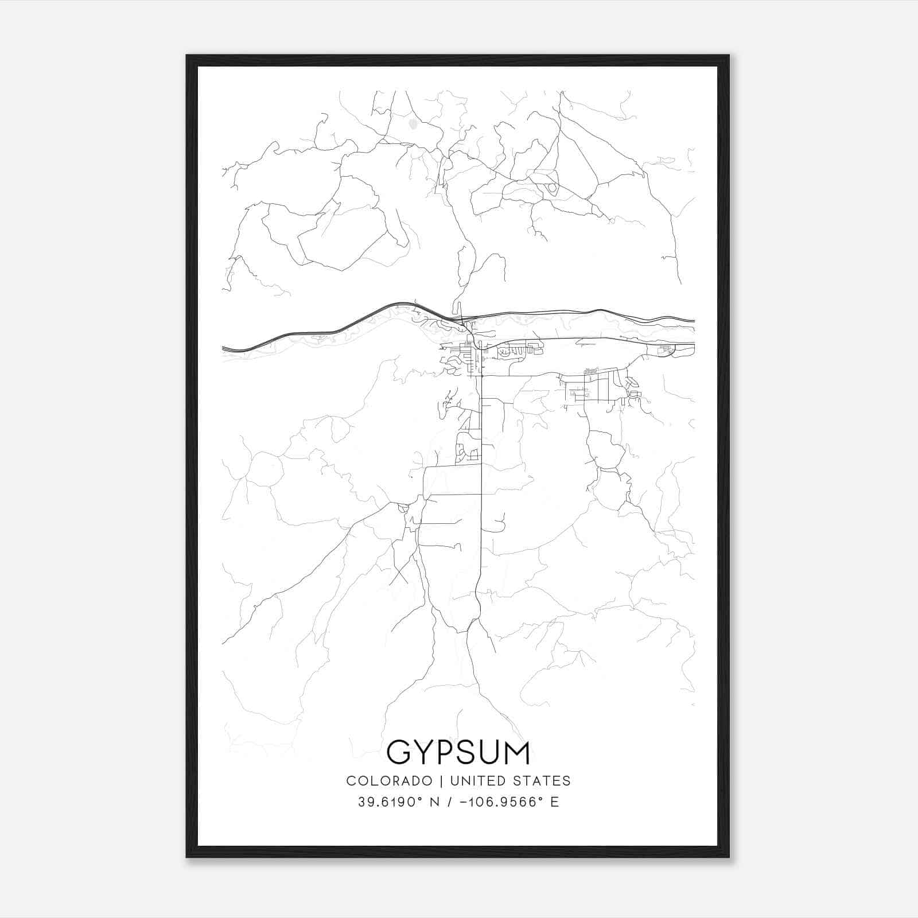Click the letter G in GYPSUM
pyautogui.click(x=400, y=752)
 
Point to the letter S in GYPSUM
pyautogui.click(x=470, y=752)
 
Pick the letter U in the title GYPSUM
pyautogui.click(x=492, y=752)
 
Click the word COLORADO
pyautogui.click(x=389, y=780)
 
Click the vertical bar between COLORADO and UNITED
pyautogui.click(x=441, y=780)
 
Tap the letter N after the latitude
pyautogui.click(x=435, y=802)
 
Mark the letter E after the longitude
pyautogui.click(x=555, y=802)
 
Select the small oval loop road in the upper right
pyautogui.click(x=552, y=188)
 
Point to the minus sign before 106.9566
pyautogui.click(x=463, y=802)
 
